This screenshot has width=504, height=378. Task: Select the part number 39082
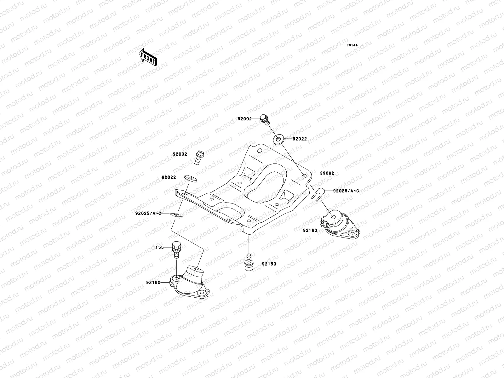327,173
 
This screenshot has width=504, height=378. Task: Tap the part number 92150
269,264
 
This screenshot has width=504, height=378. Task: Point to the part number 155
160,248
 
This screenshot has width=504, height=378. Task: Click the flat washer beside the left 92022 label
190,178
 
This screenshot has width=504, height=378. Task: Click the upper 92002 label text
245,119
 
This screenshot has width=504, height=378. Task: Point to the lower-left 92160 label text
153,282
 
